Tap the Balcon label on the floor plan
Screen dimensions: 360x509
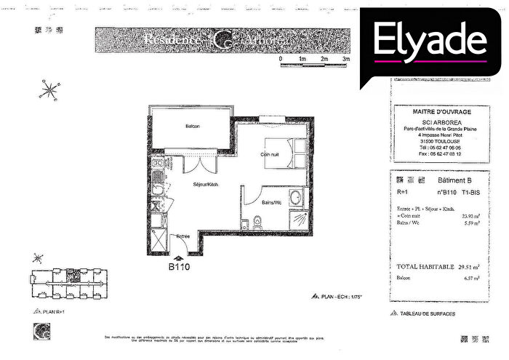click(x=192, y=127)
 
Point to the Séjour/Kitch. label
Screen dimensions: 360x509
click(x=206, y=185)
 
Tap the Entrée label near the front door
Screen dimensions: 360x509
click(x=184, y=237)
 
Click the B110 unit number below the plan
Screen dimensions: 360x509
click(x=179, y=267)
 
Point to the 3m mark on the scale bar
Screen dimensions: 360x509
click(x=346, y=58)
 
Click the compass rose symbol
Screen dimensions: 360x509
click(x=50, y=91)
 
